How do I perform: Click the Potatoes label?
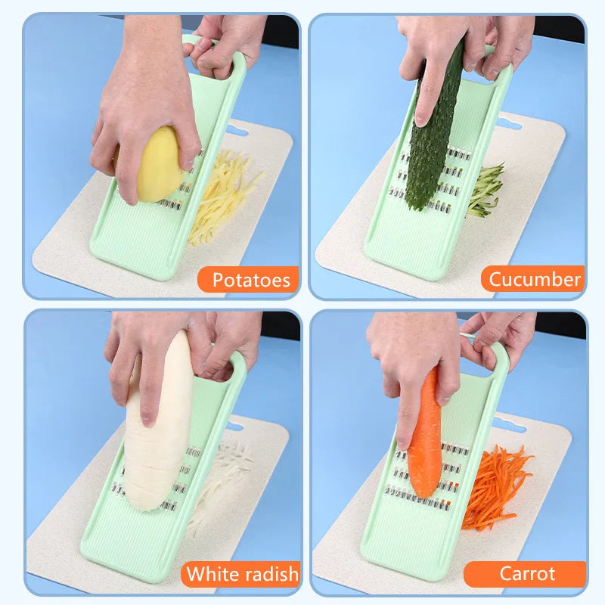(251, 280)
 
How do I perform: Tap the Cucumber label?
(535, 279)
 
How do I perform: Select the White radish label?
(242, 574)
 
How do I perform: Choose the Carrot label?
(527, 573)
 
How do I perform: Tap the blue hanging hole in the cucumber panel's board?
(508, 123)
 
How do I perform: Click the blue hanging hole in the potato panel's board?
(235, 130)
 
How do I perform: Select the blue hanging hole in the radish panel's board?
(234, 427)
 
